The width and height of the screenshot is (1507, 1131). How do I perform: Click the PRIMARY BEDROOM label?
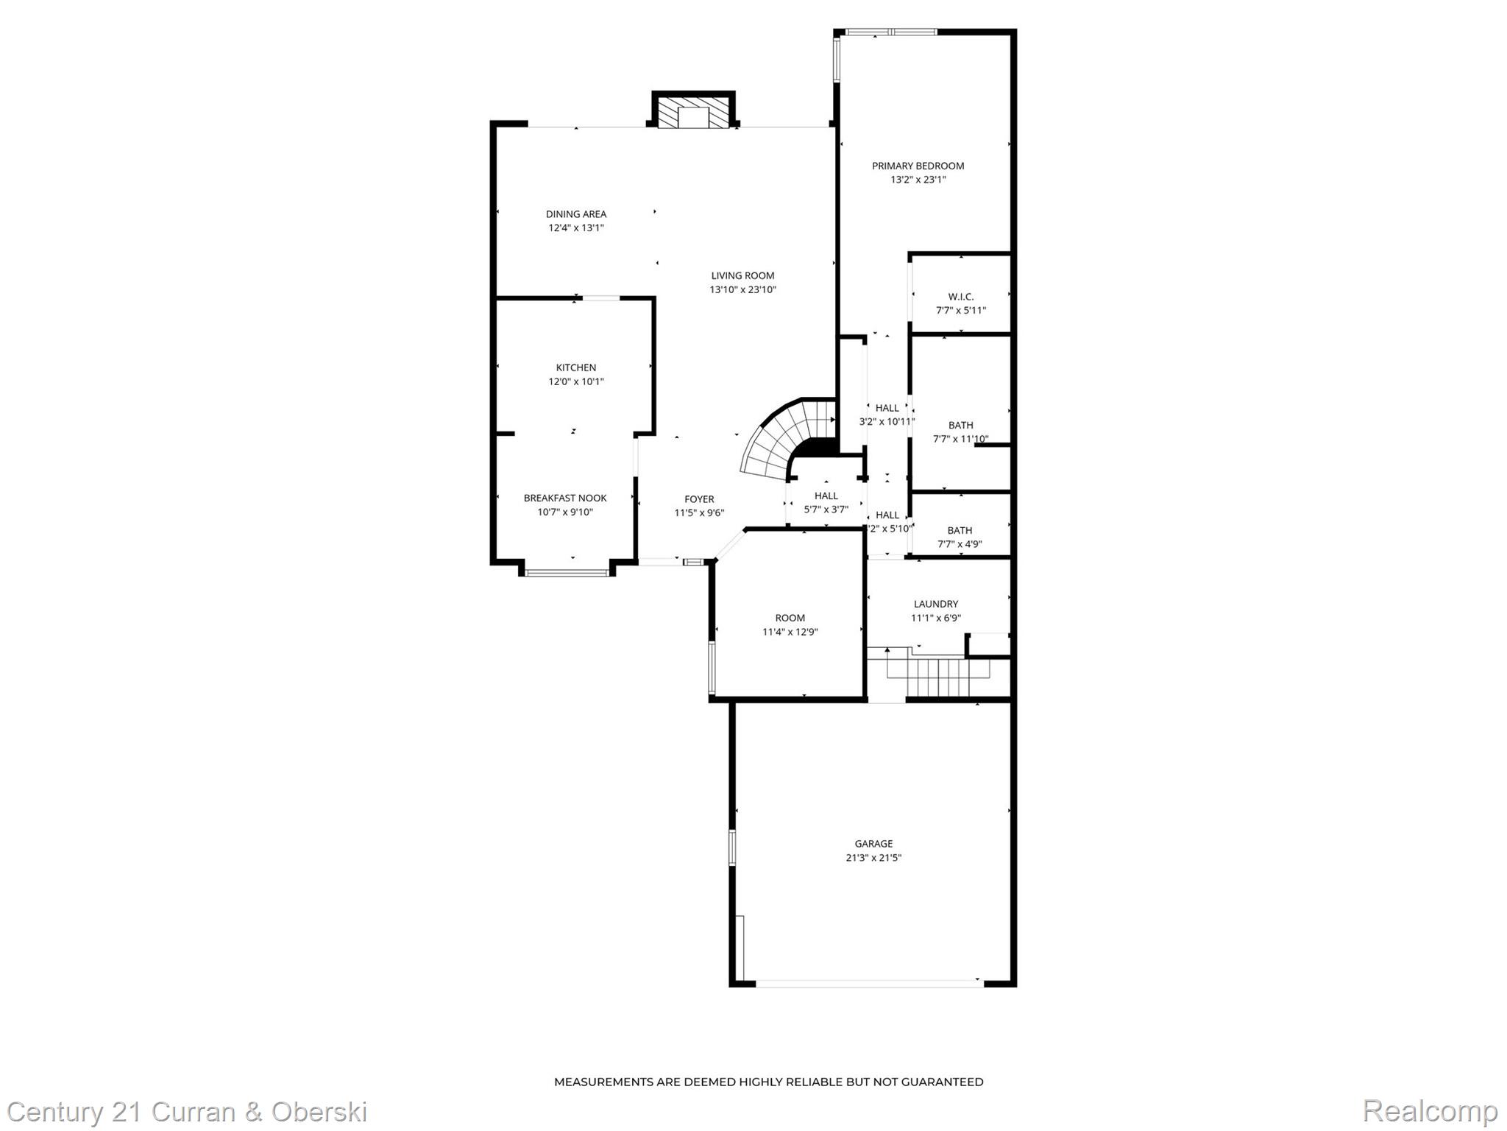(x=918, y=166)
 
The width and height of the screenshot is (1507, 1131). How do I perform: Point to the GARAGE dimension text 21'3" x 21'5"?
(x=873, y=857)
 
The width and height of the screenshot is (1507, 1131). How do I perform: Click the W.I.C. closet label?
(x=960, y=297)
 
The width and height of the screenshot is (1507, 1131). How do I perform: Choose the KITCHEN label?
(x=575, y=367)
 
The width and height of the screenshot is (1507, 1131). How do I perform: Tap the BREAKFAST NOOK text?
(x=564, y=498)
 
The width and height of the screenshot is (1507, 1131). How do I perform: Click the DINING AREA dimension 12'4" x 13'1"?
(x=575, y=228)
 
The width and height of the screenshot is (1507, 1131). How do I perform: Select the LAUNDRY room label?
(x=935, y=604)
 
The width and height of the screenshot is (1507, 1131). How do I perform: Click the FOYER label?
(x=699, y=499)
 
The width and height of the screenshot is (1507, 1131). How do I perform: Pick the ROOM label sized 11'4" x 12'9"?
(x=790, y=618)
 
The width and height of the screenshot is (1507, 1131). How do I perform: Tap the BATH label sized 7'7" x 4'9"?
(x=960, y=530)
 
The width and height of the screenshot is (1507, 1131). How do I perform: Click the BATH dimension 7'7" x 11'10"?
(x=960, y=440)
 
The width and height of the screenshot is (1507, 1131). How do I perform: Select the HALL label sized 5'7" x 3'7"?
(x=826, y=496)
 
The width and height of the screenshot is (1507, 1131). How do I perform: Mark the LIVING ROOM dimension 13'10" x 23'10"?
(x=742, y=290)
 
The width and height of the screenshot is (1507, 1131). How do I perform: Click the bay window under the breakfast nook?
(x=567, y=572)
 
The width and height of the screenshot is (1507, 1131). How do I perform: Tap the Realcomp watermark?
(x=1430, y=1110)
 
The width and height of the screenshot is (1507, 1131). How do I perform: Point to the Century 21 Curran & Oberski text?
(x=187, y=1112)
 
